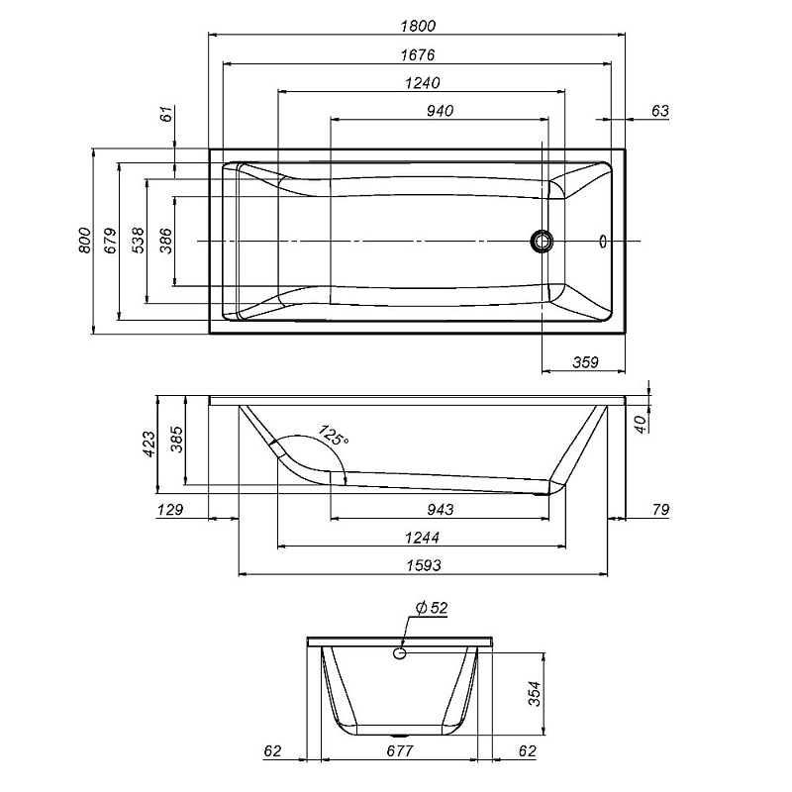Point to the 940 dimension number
[x=439, y=111]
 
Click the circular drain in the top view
[x=543, y=241]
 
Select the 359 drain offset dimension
[x=586, y=362]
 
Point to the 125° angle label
[x=333, y=437]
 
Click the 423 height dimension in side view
[x=148, y=443]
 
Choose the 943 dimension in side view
[x=441, y=510]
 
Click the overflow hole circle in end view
[x=401, y=652]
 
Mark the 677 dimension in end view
[x=399, y=752]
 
